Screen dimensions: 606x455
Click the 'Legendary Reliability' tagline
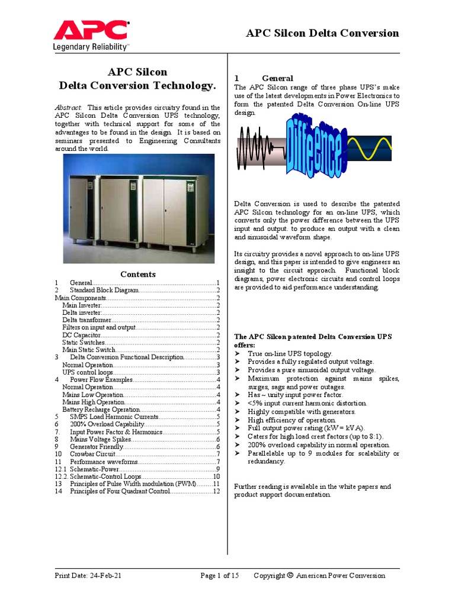[x=91, y=47]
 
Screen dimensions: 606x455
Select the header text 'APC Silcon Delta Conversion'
[x=322, y=33]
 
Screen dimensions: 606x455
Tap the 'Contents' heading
[x=137, y=274]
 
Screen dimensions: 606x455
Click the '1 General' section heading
[x=264, y=78]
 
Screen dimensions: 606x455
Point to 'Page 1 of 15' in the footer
[x=220, y=575]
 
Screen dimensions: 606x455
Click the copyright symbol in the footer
[x=290, y=575]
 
